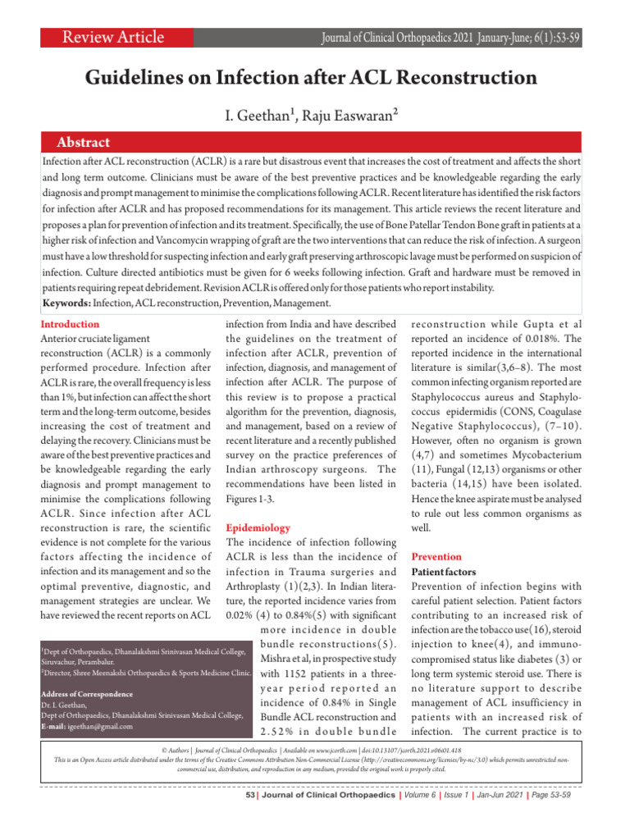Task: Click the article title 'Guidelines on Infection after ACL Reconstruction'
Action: (x=312, y=78)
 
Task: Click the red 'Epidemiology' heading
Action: (x=258, y=528)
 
